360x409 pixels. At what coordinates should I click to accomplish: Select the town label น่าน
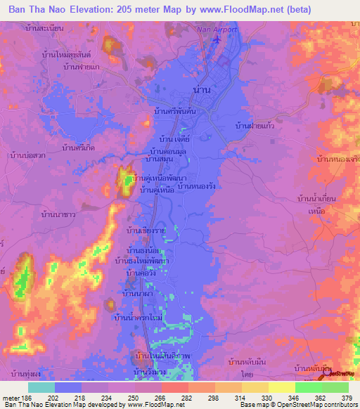coord(200,89)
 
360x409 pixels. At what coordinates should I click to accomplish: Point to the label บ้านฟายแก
coord(78,67)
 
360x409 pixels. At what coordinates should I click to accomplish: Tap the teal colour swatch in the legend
coord(41,387)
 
